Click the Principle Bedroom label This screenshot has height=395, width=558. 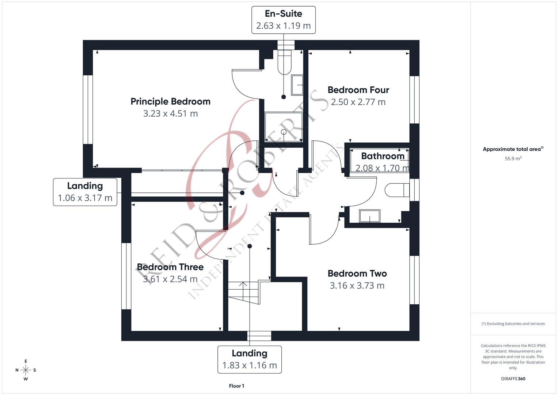pyautogui.click(x=170, y=101)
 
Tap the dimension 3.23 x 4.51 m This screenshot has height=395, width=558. pyautogui.click(x=170, y=113)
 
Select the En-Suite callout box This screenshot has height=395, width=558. pyautogui.click(x=283, y=20)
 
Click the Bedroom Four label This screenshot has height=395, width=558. pyautogui.click(x=358, y=90)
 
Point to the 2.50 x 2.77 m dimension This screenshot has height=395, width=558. pyautogui.click(x=358, y=102)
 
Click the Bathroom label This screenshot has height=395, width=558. pyautogui.click(x=383, y=156)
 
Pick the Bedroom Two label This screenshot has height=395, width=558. pyautogui.click(x=357, y=273)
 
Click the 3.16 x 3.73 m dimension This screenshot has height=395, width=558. pyautogui.click(x=357, y=286)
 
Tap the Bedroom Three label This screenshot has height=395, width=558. pyautogui.click(x=170, y=267)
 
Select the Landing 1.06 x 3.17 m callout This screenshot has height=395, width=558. pyautogui.click(x=85, y=192)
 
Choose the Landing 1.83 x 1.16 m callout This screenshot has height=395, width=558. pyautogui.click(x=250, y=360)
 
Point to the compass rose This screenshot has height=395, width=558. pyautogui.click(x=26, y=370)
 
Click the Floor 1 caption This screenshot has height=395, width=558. pyautogui.click(x=236, y=386)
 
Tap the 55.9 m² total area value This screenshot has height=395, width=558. pyautogui.click(x=513, y=159)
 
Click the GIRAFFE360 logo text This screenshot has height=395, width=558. pyautogui.click(x=513, y=379)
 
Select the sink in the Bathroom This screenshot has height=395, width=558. pyautogui.click(x=369, y=216)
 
